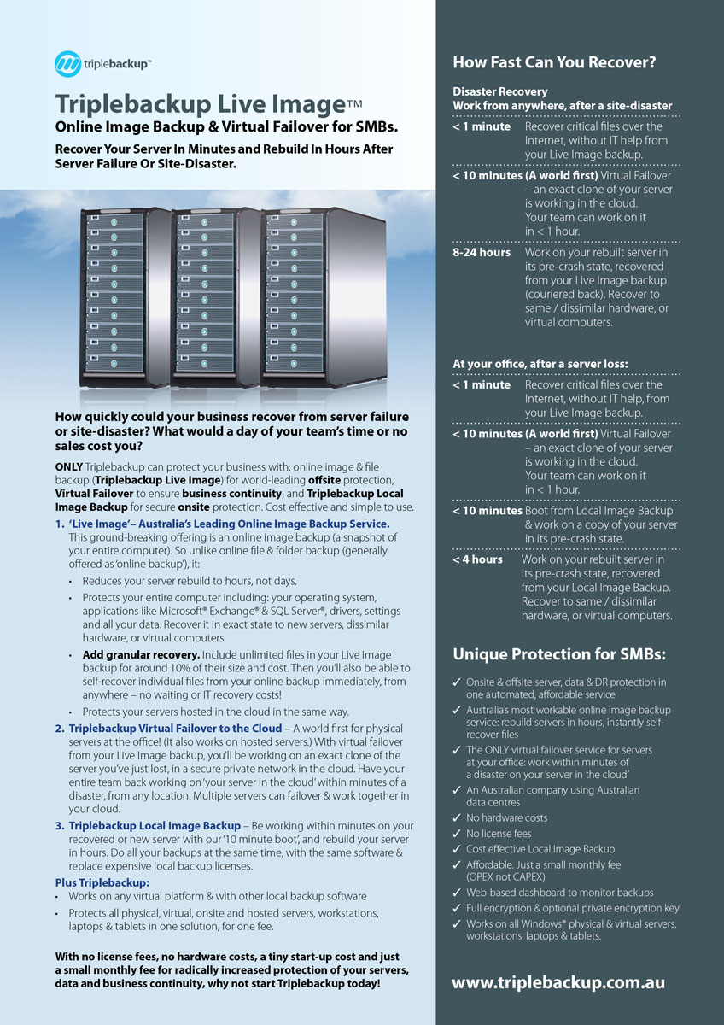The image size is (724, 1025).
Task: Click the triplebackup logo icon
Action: click(x=68, y=64)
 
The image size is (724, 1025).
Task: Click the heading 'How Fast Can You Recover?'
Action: click(x=554, y=62)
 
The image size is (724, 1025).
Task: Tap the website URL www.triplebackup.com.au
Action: click(x=558, y=983)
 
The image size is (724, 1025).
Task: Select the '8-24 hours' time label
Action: click(x=482, y=253)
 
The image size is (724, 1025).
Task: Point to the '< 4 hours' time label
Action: click(x=478, y=559)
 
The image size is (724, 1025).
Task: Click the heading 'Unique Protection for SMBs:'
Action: click(x=559, y=655)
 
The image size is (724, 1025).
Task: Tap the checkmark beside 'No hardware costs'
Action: click(x=458, y=818)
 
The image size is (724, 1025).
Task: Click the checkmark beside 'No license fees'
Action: click(x=458, y=834)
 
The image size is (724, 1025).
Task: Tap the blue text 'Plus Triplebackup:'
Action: click(x=102, y=882)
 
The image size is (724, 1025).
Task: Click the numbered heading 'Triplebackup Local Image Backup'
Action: click(x=155, y=826)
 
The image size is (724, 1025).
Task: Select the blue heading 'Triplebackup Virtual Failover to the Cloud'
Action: click(x=175, y=728)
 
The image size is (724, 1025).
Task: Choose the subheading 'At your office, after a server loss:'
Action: click(x=540, y=364)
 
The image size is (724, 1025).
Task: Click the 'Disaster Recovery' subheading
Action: click(x=500, y=91)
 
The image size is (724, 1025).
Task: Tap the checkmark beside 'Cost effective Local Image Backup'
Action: click(x=458, y=850)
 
